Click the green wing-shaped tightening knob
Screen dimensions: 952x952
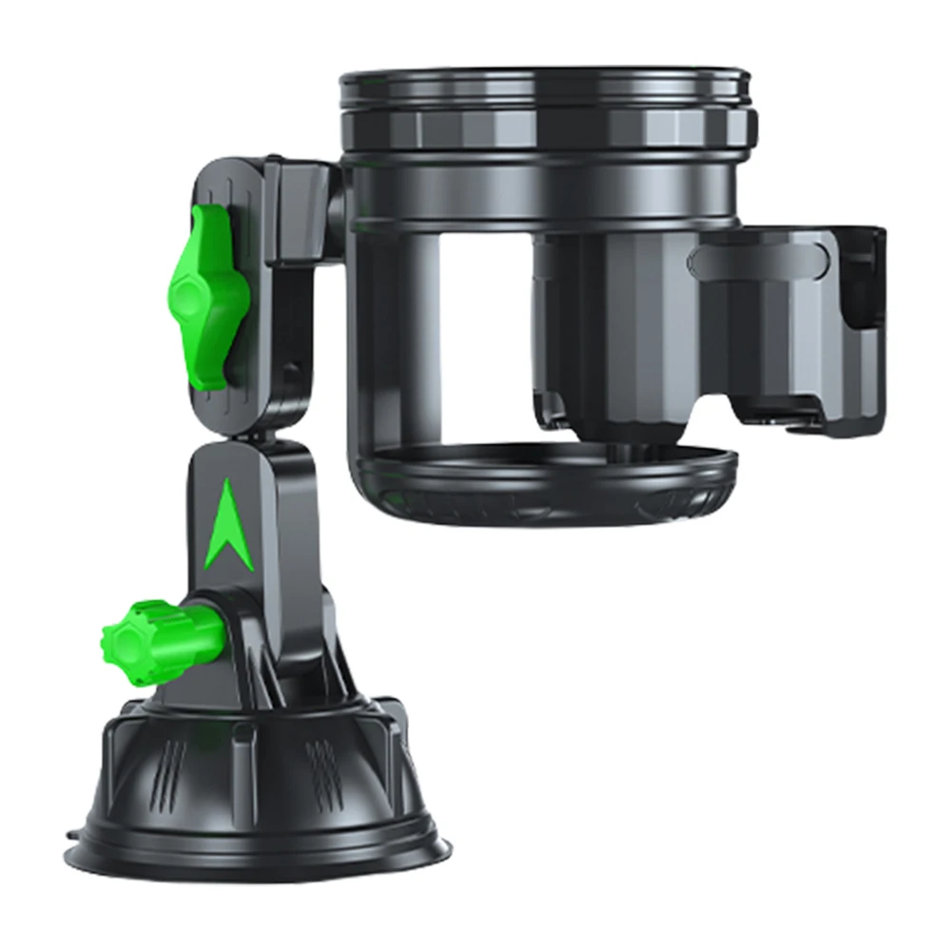[x=202, y=295]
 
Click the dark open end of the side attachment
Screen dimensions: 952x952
[x=865, y=285]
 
